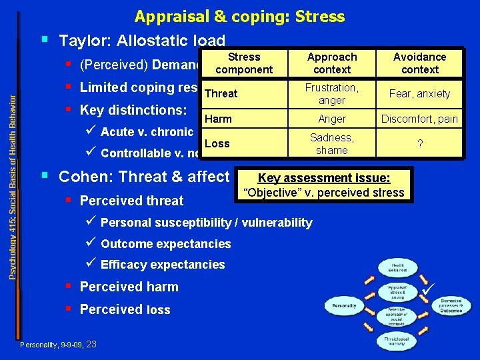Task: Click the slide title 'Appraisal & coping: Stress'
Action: (x=239, y=16)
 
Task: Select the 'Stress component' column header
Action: (x=244, y=63)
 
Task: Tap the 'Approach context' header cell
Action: (x=331, y=63)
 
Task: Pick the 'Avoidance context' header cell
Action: (x=419, y=63)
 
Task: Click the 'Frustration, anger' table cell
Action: (x=331, y=93)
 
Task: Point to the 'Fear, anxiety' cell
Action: (x=419, y=94)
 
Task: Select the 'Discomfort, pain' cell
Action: (x=419, y=119)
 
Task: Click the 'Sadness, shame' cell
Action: (x=331, y=143)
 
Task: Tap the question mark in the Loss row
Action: (x=419, y=144)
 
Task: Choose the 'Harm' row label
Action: (x=218, y=119)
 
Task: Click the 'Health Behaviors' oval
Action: (x=397, y=267)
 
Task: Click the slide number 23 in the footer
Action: (x=92, y=344)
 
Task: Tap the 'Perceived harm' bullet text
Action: (x=129, y=287)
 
